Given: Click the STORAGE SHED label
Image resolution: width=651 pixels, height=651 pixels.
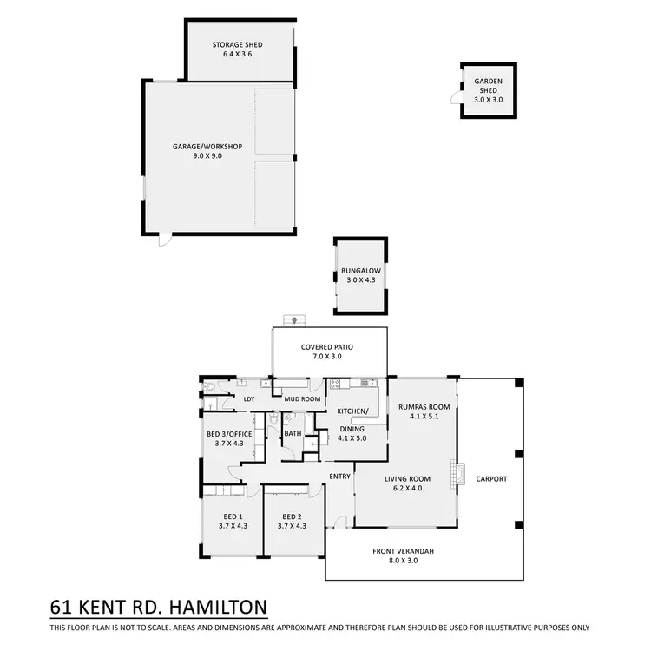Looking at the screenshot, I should click(237, 45).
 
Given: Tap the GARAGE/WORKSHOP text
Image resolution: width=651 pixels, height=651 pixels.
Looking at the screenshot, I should click(207, 146).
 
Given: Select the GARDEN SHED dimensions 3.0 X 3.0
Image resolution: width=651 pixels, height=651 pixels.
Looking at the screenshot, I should click(488, 100).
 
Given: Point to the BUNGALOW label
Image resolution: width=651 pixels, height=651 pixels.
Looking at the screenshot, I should click(361, 270).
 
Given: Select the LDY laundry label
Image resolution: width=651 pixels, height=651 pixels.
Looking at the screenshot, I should click(249, 399).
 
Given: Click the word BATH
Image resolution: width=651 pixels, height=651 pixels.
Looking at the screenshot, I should click(293, 433).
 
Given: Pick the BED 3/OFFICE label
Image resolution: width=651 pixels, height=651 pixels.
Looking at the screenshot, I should click(228, 433).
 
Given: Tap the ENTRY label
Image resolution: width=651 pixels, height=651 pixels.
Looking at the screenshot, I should click(340, 476).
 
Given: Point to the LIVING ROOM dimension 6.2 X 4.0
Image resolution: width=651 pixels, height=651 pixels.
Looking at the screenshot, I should click(408, 488).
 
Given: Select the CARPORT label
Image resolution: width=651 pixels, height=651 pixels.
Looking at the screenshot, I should click(490, 479).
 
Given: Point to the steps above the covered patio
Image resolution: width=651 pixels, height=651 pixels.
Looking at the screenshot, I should click(298, 320).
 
